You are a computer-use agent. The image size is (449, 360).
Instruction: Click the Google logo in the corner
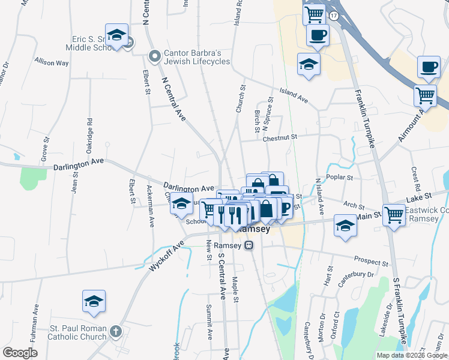(20, 353)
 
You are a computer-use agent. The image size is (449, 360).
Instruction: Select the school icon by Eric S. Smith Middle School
(116, 35)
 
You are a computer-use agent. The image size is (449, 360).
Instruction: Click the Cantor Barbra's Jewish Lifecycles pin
(155, 56)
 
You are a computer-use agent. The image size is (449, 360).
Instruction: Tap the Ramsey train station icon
(249, 245)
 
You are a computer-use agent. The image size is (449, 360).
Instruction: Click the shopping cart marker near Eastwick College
(394, 214)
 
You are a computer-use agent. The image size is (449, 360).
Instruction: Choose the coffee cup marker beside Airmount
(428, 67)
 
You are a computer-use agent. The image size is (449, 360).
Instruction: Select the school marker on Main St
(345, 226)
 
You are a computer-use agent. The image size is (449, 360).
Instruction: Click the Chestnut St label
(280, 138)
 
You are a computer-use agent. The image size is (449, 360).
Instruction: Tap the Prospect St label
(372, 262)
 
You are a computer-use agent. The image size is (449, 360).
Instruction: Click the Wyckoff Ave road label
(166, 256)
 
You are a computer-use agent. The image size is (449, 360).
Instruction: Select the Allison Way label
(52, 62)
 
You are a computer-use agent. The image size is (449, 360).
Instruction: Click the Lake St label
(419, 196)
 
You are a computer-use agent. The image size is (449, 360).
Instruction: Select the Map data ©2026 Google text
(411, 355)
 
